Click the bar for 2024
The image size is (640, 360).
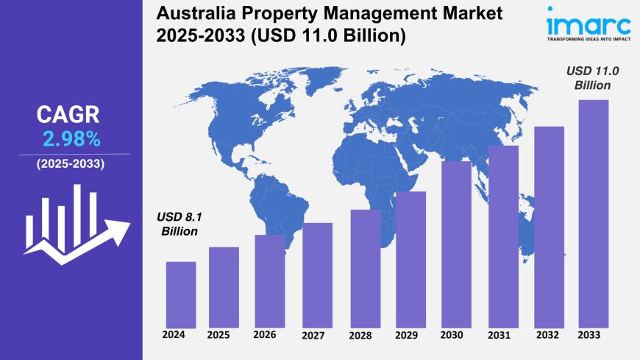pyautogui.click(x=181, y=294)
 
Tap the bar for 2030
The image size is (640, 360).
pyautogui.click(x=456, y=244)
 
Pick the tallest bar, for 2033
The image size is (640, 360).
pyautogui.click(x=594, y=213)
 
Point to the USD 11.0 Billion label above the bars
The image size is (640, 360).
pyautogui.click(x=592, y=78)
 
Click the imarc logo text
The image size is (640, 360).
pyautogui.click(x=589, y=24)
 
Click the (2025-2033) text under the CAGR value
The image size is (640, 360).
pyautogui.click(x=70, y=163)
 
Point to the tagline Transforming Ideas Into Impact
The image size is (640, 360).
pyautogui.click(x=589, y=43)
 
